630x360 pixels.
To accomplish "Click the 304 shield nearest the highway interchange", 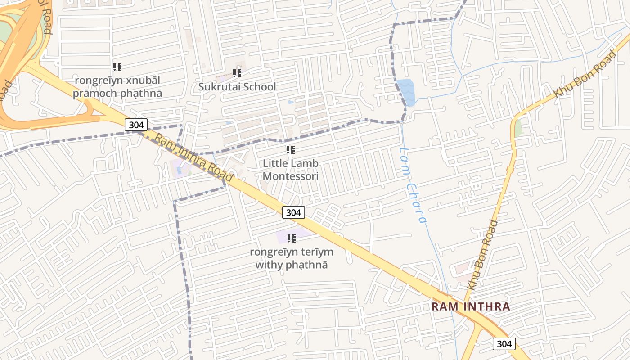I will point(136,125).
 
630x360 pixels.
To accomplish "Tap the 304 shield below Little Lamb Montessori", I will point(293,212).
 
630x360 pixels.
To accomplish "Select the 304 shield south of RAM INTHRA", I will point(504,344).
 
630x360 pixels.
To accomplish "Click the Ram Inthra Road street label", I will point(194,156).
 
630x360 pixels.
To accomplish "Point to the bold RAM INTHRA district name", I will point(471,307).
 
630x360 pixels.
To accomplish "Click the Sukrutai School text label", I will point(237,87).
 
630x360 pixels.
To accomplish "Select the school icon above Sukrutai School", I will point(237,73).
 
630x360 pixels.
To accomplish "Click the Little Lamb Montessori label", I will point(291,170).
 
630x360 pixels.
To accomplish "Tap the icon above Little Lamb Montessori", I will point(291,150).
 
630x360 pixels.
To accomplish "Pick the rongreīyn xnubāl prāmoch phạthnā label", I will point(117,87).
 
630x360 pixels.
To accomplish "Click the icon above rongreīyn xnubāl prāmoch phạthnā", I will point(117,67).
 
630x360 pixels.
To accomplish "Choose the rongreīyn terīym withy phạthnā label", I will point(292,258).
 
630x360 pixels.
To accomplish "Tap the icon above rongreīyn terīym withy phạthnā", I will point(292,238).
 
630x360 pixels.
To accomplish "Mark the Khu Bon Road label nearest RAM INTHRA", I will point(482,255).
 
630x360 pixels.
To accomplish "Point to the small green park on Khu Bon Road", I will point(518,128).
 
